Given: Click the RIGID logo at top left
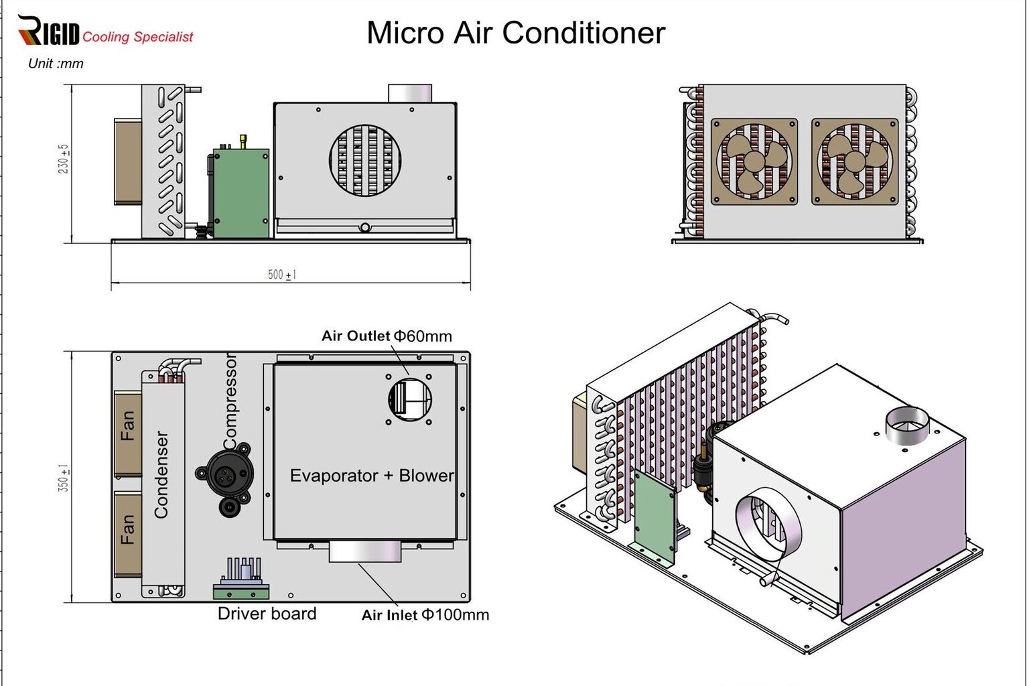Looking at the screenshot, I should point(48,31).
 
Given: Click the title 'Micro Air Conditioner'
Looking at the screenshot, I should point(516,33).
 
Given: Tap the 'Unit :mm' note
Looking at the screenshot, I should point(56,64).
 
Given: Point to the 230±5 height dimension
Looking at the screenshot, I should point(64,159).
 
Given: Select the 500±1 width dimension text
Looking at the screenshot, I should point(282,275).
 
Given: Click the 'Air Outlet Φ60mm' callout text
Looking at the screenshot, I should point(387,336).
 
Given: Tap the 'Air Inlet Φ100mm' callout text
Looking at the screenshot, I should point(425,614).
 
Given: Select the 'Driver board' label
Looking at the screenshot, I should point(267,613).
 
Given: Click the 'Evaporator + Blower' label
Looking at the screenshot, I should point(372,476).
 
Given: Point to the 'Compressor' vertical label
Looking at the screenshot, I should point(230,402).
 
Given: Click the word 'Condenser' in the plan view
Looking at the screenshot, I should point(161,474).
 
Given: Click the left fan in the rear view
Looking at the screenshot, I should point(754,161).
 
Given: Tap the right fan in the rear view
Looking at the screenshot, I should point(854,161).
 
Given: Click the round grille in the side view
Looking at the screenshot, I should point(366,160).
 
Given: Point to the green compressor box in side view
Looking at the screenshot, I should point(241,193).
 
